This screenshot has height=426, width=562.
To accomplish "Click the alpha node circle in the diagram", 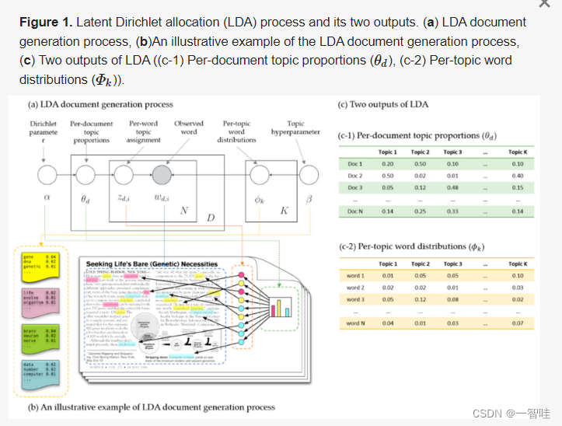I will click(47, 173).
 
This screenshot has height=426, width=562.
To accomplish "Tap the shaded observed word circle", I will click(162, 173).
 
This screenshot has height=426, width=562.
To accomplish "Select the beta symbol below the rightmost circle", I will click(309, 198).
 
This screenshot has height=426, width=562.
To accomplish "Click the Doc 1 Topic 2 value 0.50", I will click(420, 164).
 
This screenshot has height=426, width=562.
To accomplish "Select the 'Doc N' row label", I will click(354, 211).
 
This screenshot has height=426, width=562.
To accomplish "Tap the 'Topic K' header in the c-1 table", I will click(518, 152).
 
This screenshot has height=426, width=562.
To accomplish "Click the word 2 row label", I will click(355, 288).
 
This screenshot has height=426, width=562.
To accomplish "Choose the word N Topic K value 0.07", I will click(518, 323).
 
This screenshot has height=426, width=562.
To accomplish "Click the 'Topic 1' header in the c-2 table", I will click(388, 264).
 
